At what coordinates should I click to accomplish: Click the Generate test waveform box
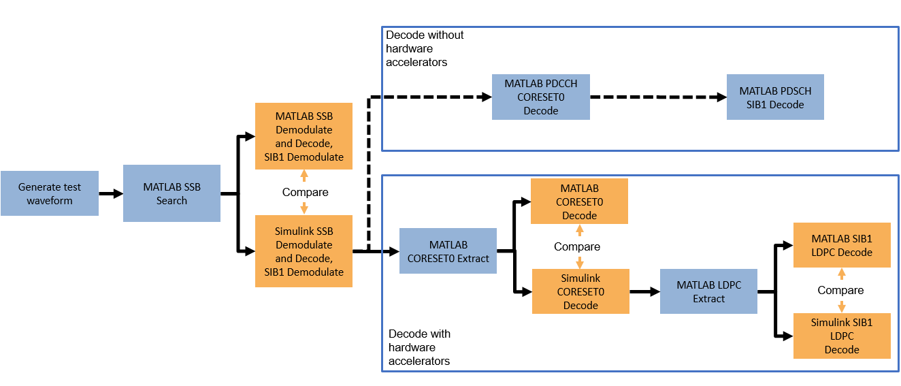click(x=49, y=193)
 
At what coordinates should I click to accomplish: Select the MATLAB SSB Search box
click(x=171, y=193)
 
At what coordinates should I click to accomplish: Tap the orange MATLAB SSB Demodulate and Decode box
click(x=304, y=137)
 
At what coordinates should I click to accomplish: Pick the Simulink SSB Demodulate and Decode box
click(x=304, y=251)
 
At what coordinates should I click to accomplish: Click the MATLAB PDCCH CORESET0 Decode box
click(x=541, y=97)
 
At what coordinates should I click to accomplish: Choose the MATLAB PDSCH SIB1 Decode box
click(x=775, y=97)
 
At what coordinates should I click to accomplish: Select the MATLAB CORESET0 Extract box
click(x=448, y=251)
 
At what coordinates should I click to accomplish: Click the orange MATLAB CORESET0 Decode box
click(x=579, y=202)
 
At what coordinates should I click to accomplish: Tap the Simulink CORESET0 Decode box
click(x=580, y=291)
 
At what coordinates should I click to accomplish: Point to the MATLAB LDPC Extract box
click(x=708, y=291)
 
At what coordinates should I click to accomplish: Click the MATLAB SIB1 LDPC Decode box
click(x=842, y=245)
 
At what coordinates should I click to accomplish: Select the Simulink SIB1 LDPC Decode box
click(x=842, y=336)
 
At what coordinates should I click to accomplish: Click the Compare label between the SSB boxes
click(x=305, y=193)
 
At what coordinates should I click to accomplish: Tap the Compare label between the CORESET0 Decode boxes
click(x=577, y=246)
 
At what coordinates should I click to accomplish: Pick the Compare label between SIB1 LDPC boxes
click(x=840, y=290)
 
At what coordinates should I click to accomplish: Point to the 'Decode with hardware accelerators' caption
click(x=419, y=347)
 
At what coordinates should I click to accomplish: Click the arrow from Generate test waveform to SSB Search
click(x=111, y=193)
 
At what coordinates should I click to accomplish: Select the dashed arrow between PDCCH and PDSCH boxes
click(x=658, y=97)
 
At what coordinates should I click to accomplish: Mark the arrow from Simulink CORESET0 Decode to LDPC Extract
click(x=644, y=291)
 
